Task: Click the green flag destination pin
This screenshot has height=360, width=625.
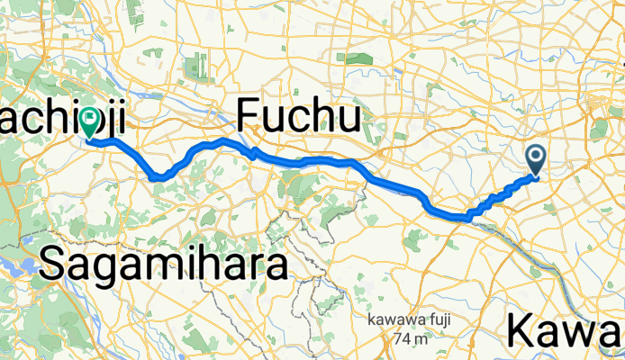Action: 90,122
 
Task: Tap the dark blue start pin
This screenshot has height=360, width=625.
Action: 536,159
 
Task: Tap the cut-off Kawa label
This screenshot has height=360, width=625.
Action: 566,331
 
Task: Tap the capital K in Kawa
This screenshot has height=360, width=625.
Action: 524,331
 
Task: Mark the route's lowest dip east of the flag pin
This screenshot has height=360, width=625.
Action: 159,176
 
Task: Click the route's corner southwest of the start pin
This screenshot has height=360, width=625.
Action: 468,216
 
